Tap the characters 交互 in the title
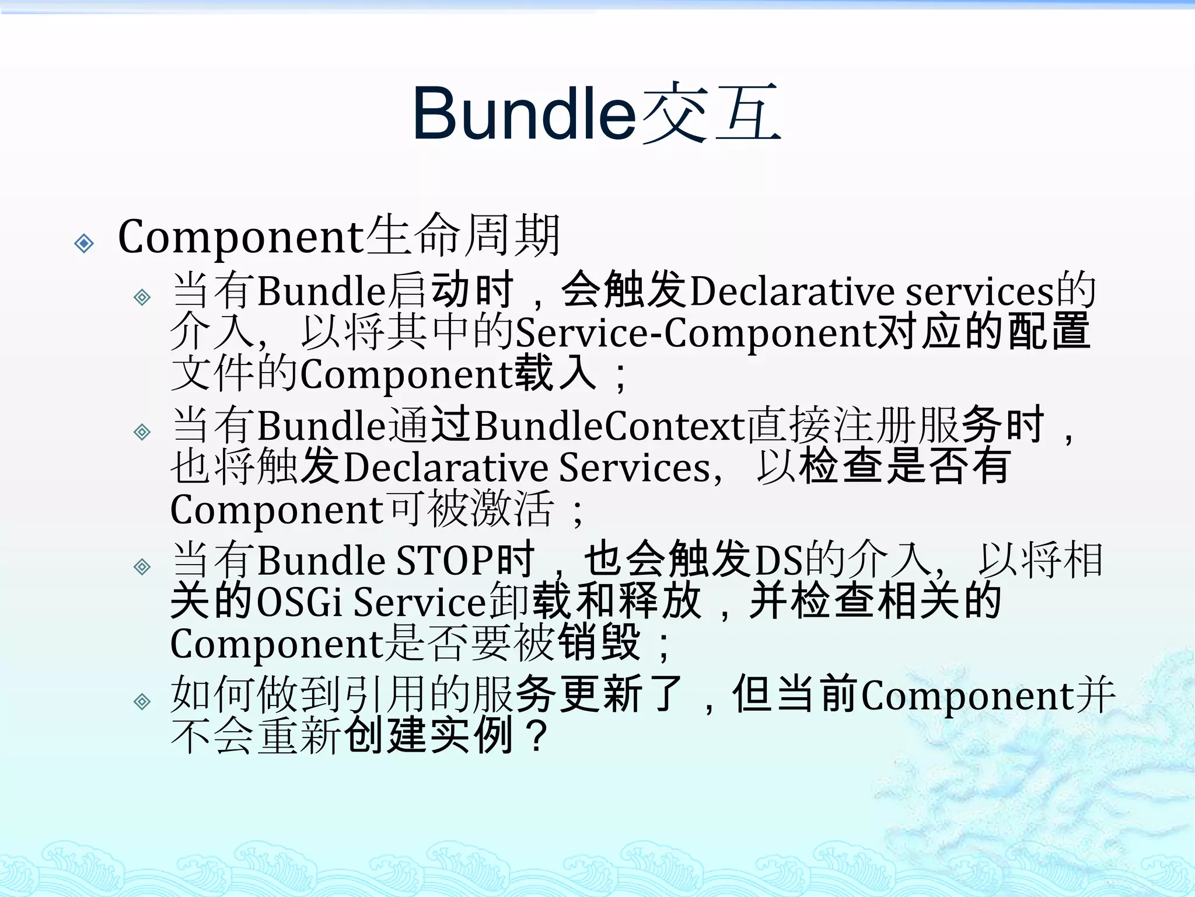pos(711,114)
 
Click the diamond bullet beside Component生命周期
pos(85,243)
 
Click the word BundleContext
pos(610,425)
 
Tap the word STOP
pos(445,561)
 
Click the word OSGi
pos(299,602)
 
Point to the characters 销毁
pos(599,643)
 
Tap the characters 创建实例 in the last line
pos(429,736)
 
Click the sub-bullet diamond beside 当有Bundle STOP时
pos(142,566)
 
